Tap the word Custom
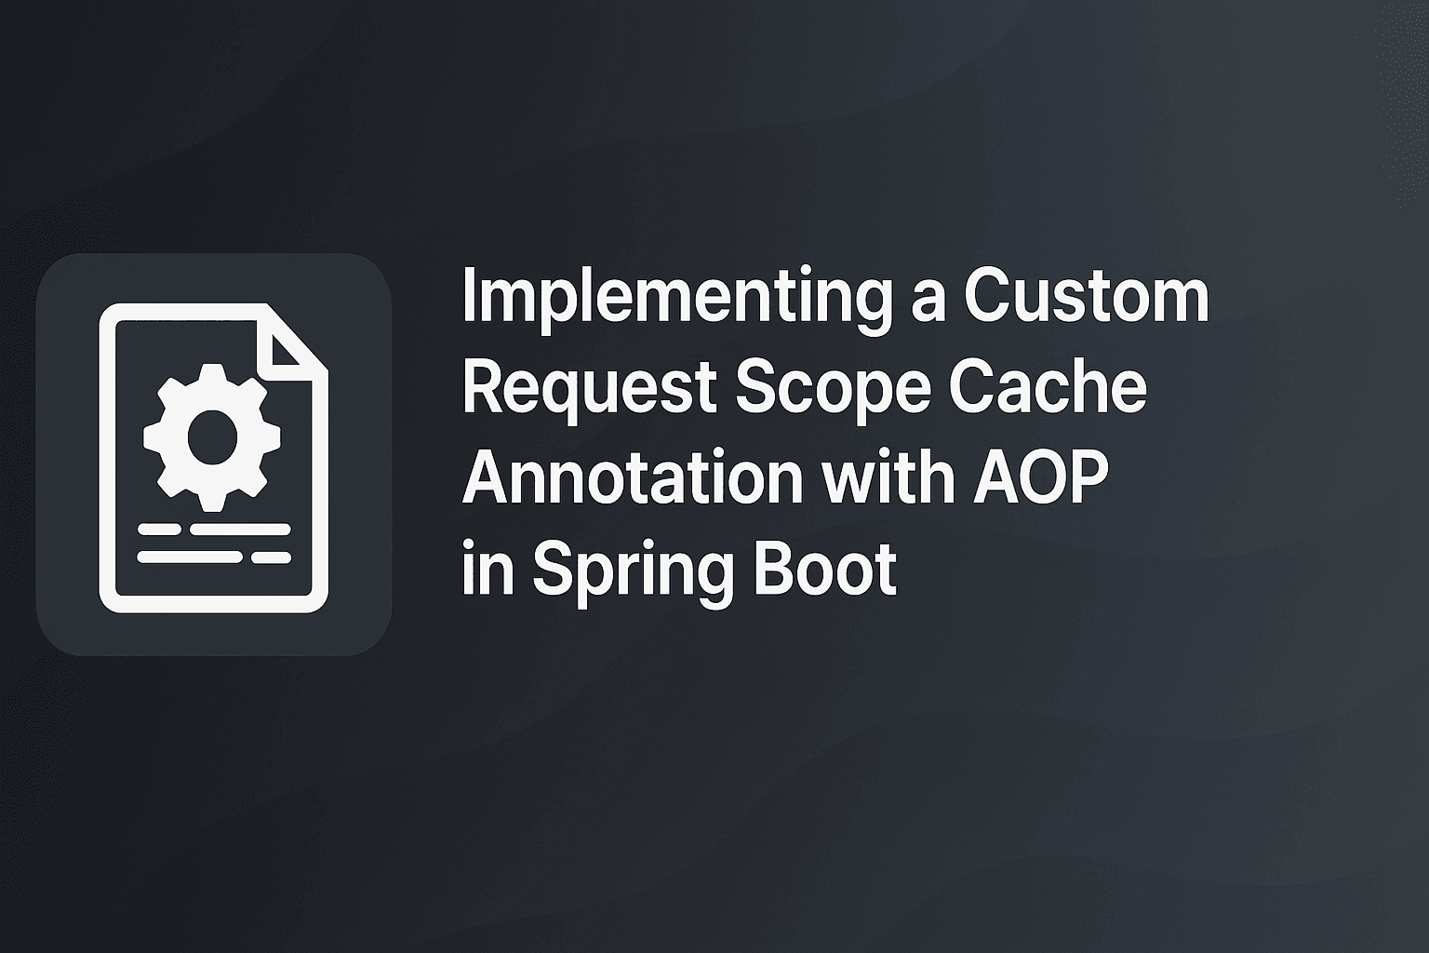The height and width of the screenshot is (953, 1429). click(x=1086, y=297)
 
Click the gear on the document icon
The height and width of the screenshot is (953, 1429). click(x=212, y=436)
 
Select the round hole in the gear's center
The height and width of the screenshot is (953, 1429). click(x=212, y=436)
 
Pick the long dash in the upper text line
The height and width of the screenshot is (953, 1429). click(x=240, y=530)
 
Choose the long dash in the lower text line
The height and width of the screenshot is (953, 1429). click(x=190, y=557)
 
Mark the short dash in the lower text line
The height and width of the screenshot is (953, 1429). click(x=272, y=557)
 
